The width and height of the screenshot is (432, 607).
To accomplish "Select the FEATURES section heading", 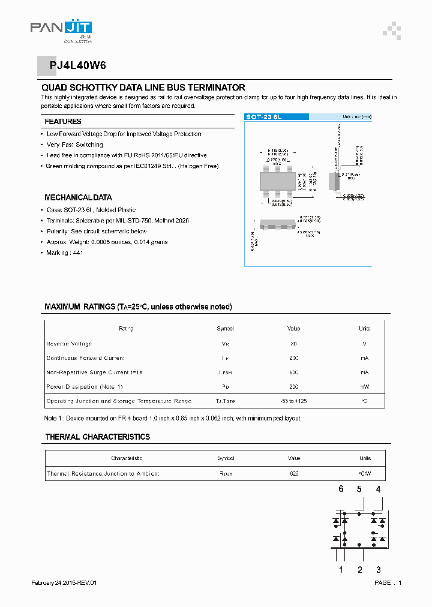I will click(63, 122).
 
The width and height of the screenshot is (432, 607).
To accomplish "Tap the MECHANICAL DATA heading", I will click(78, 197).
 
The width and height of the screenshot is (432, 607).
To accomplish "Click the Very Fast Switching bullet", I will click(74, 145).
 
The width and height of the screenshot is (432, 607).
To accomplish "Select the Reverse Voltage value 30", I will click(293, 344).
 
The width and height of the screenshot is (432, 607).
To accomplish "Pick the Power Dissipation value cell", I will click(293, 387).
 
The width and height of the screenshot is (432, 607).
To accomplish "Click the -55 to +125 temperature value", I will click(293, 401).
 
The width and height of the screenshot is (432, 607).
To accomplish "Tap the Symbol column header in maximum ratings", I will click(225, 329).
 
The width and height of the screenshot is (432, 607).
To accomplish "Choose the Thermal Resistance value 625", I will click(293, 474).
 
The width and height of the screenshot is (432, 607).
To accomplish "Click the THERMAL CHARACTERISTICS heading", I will click(97, 437).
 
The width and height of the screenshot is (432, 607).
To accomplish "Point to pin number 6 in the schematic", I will click(341, 489).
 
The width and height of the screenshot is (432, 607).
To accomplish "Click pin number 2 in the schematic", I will click(359, 570).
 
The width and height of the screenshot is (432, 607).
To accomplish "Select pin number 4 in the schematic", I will click(378, 489).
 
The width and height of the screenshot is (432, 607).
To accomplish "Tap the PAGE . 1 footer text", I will click(388, 583).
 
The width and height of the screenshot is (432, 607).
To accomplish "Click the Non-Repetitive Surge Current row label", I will click(94, 372).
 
